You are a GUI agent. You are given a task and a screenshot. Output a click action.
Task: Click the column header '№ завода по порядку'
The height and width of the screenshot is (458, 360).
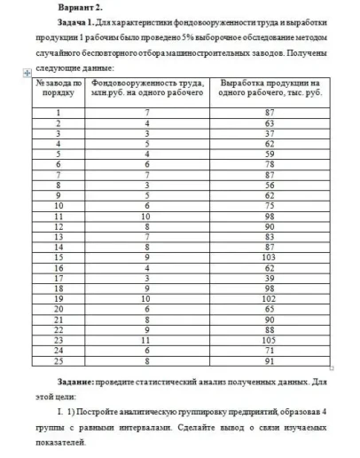[59, 91]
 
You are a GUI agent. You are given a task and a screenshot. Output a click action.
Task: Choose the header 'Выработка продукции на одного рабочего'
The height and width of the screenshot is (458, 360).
[269, 91]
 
